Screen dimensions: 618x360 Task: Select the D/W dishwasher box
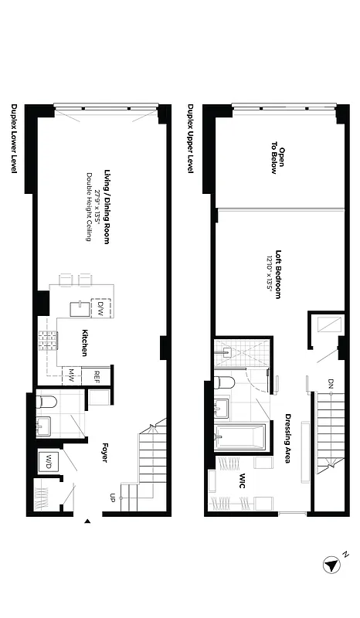[100, 307]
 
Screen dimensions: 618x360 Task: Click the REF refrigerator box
[97, 376]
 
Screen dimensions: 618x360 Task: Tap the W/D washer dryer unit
[48, 462]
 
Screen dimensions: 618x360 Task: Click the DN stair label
[331, 384]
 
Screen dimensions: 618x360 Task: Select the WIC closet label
[242, 479]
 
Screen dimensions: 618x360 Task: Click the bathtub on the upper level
[242, 438]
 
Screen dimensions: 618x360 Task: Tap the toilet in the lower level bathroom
[46, 402]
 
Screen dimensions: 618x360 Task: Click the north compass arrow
[331, 565]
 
